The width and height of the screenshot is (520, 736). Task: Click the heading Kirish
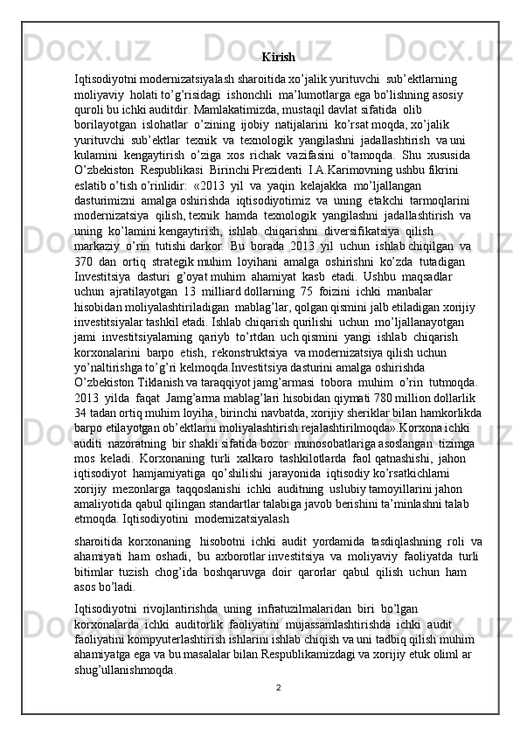(278, 58)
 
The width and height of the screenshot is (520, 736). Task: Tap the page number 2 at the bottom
(277, 686)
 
